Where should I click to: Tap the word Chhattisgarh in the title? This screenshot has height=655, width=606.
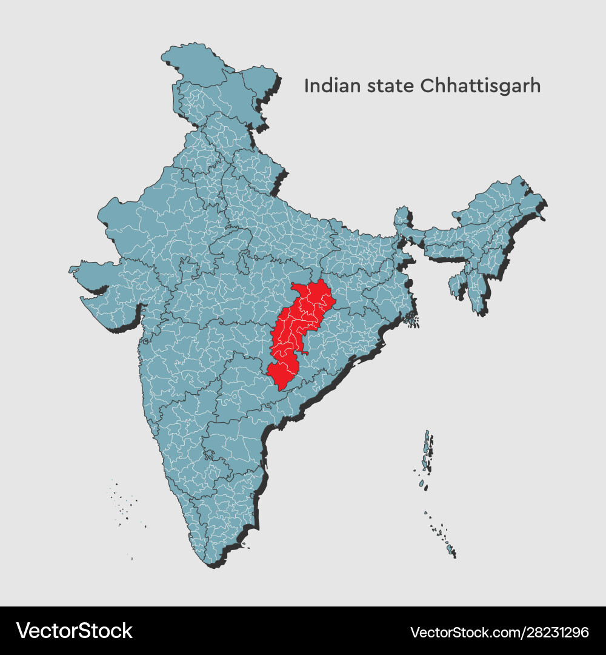[x=481, y=86]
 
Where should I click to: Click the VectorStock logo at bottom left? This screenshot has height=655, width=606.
[x=74, y=631]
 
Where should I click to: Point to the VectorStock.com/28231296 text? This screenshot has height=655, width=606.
[x=499, y=632]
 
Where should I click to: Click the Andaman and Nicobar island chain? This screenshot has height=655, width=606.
[x=427, y=455]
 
